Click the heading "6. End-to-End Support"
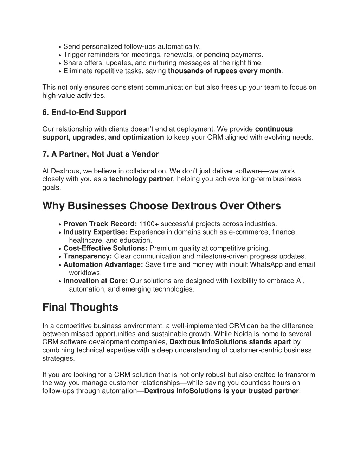84,113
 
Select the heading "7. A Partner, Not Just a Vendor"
100,154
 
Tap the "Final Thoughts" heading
80,307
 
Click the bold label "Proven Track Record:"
100,224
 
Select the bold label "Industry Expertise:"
95,232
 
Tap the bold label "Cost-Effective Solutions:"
105,248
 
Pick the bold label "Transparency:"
88,256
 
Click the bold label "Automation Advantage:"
103,264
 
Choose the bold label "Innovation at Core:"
96,281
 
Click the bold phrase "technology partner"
141,179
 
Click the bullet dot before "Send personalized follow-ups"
61,47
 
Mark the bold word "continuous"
274,129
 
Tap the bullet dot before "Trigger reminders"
61,55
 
